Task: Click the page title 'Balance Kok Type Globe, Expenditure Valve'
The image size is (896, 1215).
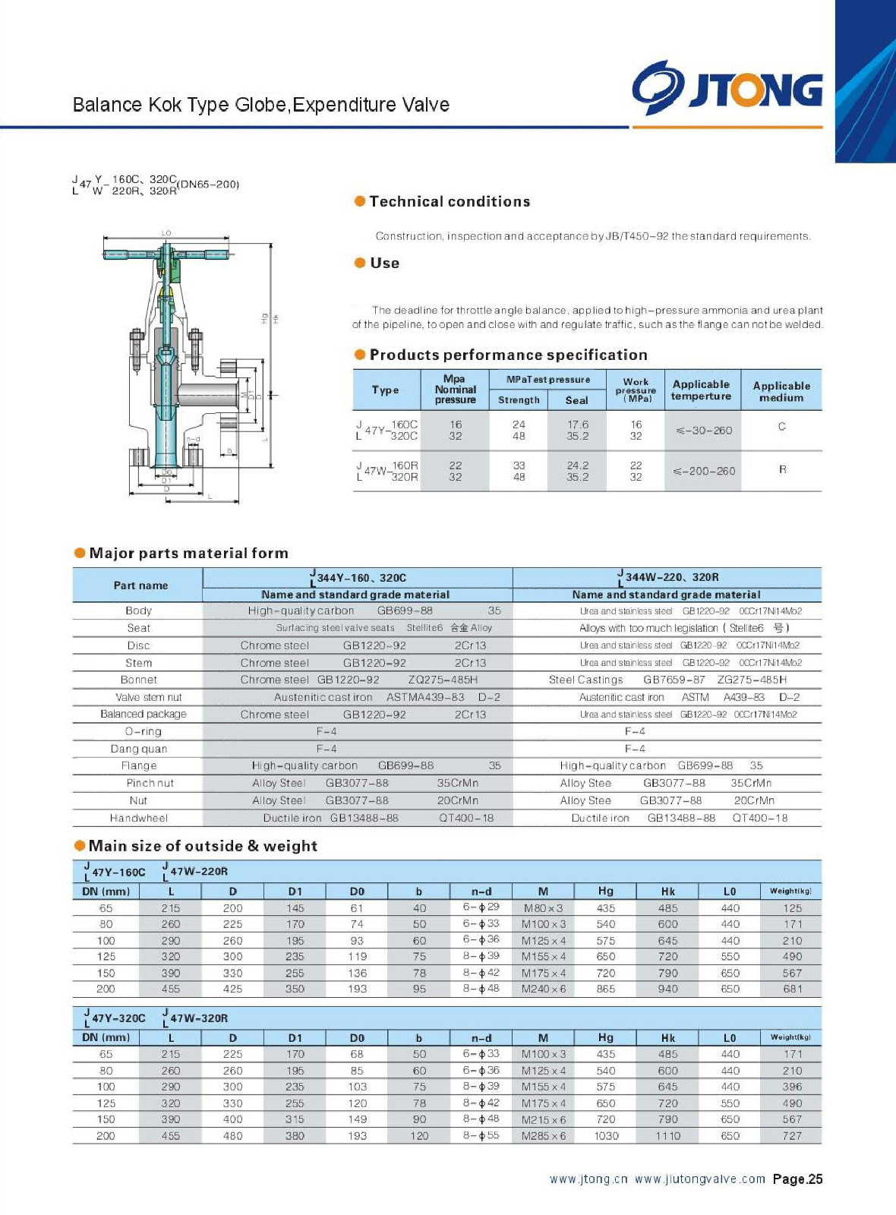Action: [260, 105]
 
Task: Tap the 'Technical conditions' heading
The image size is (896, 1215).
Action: [450, 201]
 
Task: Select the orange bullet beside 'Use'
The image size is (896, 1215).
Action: [360, 263]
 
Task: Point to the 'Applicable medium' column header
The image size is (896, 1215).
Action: [781, 391]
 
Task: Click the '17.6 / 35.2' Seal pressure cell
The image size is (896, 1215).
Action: [577, 431]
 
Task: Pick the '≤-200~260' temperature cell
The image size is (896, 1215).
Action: [704, 471]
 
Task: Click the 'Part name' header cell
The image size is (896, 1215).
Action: [140, 585]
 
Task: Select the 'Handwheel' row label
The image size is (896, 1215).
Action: [138, 818]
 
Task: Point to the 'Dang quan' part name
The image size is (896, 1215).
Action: [138, 749]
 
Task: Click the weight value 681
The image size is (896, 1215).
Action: [792, 989]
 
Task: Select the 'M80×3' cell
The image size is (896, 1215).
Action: [543, 908]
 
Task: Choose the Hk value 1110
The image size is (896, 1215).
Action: [667, 1136]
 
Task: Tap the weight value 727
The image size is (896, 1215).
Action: [792, 1136]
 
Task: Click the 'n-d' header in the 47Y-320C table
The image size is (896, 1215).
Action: [481, 1038]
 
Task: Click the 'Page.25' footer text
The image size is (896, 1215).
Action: [797, 1179]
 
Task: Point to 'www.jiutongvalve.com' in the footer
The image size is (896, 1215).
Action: [699, 1179]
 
